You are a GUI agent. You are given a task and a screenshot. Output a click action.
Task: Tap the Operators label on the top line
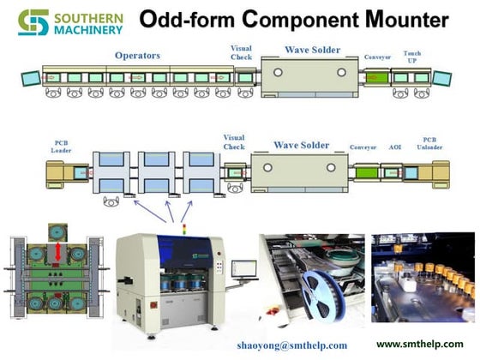coord(138,56)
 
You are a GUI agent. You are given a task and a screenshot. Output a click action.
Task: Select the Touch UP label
coord(412,57)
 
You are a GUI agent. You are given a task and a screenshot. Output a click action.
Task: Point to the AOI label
coord(395,147)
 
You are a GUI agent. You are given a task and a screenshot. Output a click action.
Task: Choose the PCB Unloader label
coord(430,143)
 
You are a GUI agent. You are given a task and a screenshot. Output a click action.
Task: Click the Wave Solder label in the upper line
coord(300,51)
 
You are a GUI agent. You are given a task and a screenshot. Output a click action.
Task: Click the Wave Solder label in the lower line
coord(301,145)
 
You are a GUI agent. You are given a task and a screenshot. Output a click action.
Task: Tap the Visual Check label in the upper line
coord(241,52)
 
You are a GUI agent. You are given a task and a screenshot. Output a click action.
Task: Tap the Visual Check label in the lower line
coord(234,141)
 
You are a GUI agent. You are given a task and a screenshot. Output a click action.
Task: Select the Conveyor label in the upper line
coord(377,57)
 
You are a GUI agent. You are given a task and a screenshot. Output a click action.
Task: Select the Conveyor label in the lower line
coord(363,147)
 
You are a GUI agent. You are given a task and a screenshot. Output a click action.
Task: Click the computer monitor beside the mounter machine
coord(245,267)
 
